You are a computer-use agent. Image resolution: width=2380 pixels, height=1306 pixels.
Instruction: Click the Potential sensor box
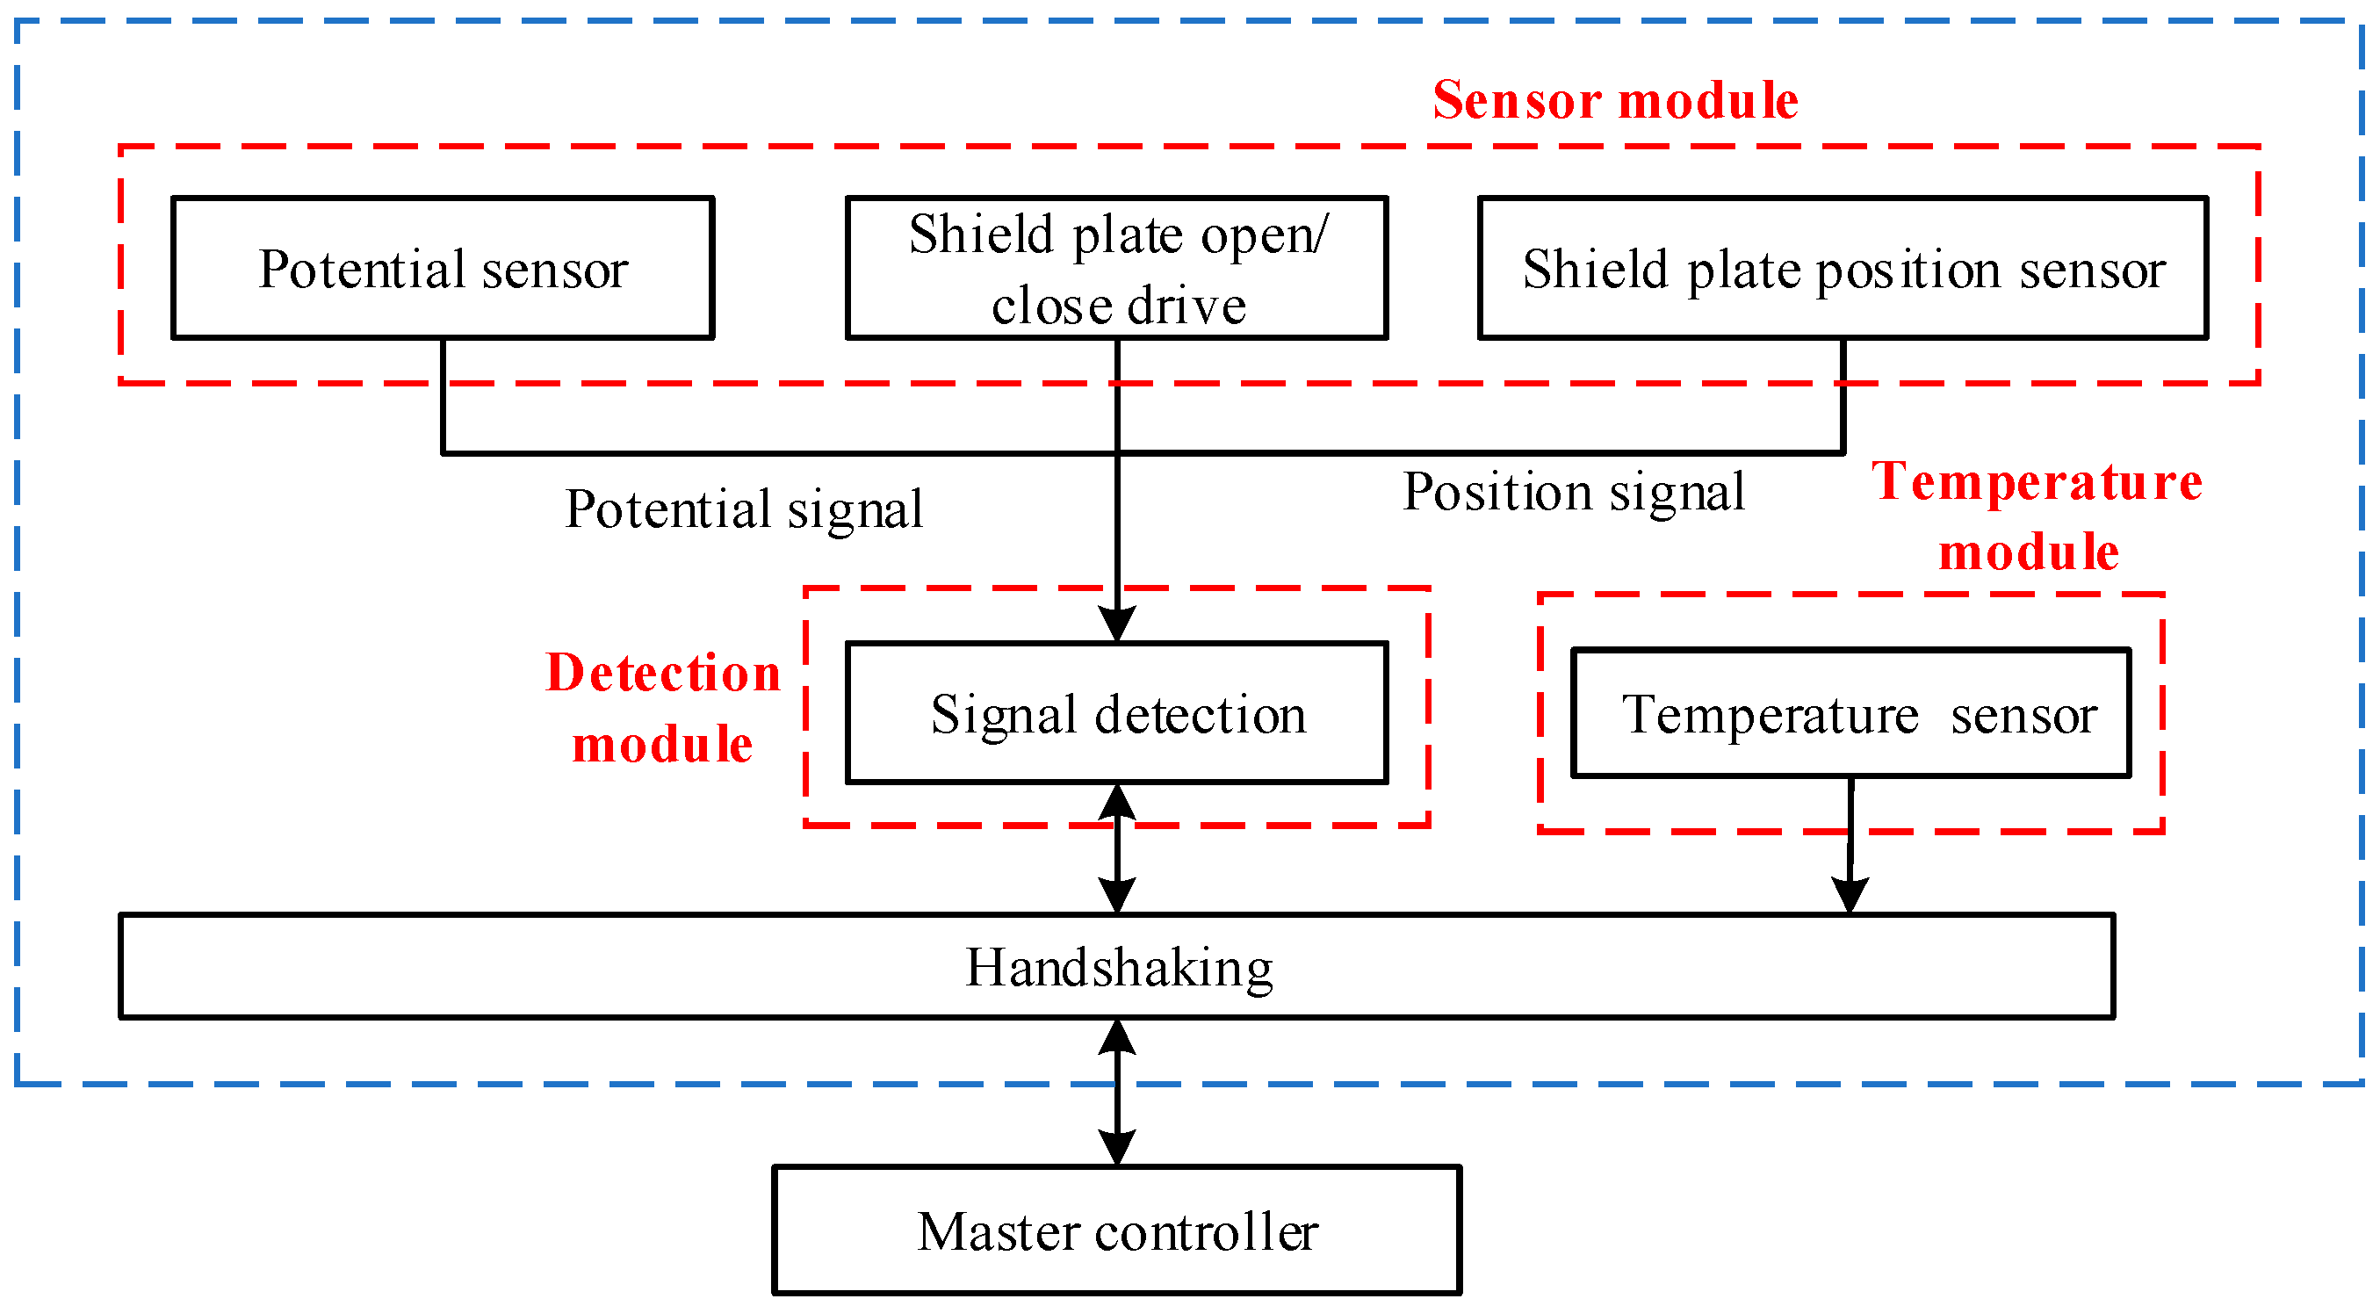pos(443,268)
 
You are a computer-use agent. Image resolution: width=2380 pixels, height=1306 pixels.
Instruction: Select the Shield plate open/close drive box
pos(1116,268)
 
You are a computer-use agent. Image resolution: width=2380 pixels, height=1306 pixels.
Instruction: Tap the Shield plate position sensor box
pos(1843,268)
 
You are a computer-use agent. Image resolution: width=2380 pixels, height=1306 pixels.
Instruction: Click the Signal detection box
pos(1116,712)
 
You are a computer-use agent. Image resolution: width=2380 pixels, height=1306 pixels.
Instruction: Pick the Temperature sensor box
pos(1850,712)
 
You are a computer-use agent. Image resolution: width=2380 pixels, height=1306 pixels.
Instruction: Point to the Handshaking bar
pos(1116,967)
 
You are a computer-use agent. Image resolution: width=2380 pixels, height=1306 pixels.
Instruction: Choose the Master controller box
pos(1116,1230)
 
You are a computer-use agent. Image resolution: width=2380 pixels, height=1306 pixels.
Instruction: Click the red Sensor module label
pos(1615,100)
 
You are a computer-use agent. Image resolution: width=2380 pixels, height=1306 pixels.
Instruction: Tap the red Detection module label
pos(662,708)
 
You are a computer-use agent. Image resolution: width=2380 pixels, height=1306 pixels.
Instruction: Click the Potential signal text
pos(744,509)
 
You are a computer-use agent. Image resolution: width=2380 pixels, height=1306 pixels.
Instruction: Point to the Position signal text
pos(1574,491)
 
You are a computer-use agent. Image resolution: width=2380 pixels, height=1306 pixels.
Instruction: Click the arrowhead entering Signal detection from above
pos(1117,623)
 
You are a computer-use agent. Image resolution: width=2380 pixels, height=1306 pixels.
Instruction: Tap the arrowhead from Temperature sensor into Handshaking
pos(1850,895)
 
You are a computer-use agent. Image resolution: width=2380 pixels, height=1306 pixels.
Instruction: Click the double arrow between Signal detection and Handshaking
pos(1117,848)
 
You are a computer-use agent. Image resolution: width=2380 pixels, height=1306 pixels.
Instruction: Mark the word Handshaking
pos(1119,968)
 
